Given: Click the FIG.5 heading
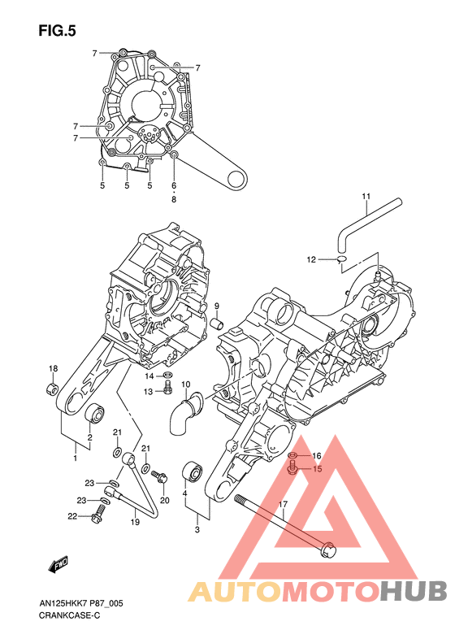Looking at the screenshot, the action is click(x=58, y=31).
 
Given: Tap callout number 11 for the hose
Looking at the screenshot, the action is click(x=366, y=197).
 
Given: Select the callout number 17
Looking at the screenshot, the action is click(x=284, y=504).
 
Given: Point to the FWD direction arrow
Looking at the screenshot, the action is click(x=58, y=564).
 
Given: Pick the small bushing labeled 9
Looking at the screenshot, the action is click(x=217, y=324).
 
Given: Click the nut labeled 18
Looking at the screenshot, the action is click(x=53, y=389).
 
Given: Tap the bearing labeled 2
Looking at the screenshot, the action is click(x=95, y=412).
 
